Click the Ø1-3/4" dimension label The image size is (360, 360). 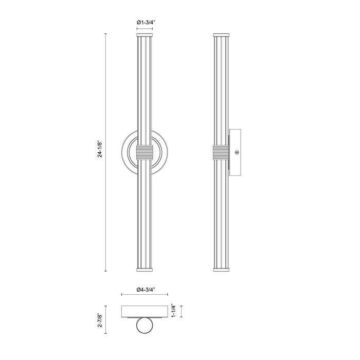144,22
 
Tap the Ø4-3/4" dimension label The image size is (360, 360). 145,290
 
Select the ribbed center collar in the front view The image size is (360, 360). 145,152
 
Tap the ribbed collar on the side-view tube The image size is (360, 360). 221,152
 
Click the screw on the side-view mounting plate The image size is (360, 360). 236,152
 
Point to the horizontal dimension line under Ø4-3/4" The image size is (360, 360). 145,295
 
